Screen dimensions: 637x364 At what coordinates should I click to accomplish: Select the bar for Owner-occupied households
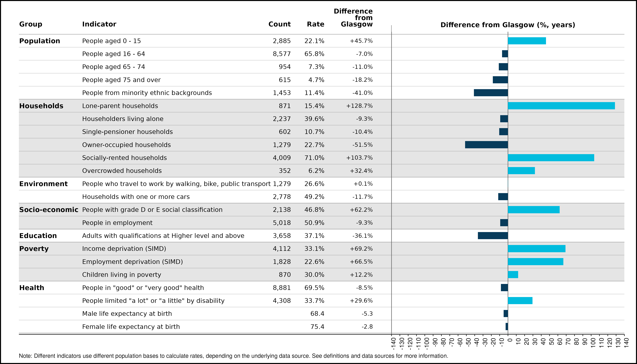(487, 145)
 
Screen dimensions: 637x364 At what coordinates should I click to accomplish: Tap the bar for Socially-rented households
(551, 158)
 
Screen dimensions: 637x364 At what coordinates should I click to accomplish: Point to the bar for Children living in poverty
(513, 275)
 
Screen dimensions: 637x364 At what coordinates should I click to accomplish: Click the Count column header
(280, 24)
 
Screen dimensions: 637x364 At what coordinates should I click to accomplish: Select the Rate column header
(316, 24)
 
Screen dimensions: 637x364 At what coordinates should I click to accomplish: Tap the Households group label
(41, 106)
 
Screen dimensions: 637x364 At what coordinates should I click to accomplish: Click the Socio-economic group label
(49, 210)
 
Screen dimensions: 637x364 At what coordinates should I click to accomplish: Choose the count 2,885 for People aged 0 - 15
(282, 41)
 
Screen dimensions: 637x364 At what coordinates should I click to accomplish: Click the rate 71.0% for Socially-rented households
(314, 158)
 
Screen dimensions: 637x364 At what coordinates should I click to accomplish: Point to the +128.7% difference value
(359, 106)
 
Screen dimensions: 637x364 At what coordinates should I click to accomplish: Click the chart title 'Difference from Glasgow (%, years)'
(508, 25)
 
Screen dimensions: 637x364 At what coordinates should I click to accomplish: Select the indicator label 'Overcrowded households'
(122, 171)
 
